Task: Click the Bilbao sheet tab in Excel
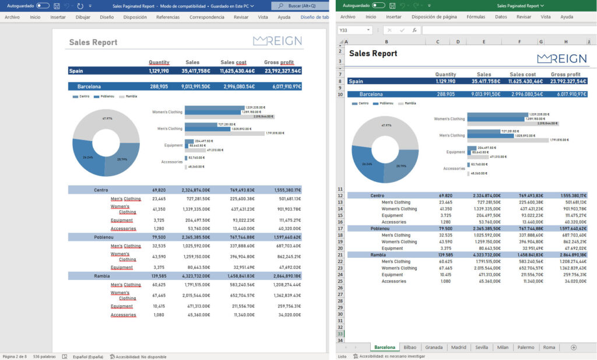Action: (409, 347)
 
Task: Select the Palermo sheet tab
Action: (525, 347)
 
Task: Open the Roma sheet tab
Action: (549, 347)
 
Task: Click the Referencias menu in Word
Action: (168, 18)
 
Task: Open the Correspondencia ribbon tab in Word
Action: (206, 18)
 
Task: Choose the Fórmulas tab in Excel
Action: (476, 18)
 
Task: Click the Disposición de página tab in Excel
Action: (434, 18)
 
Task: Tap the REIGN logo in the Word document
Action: (277, 41)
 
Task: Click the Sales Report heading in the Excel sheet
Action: (373, 54)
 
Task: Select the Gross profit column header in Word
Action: (279, 62)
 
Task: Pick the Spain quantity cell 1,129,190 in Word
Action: (159, 71)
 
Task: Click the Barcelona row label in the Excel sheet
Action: (371, 94)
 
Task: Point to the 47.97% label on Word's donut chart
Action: (107, 118)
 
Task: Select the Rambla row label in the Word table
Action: (103, 275)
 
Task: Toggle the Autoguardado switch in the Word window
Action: (43, 5)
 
